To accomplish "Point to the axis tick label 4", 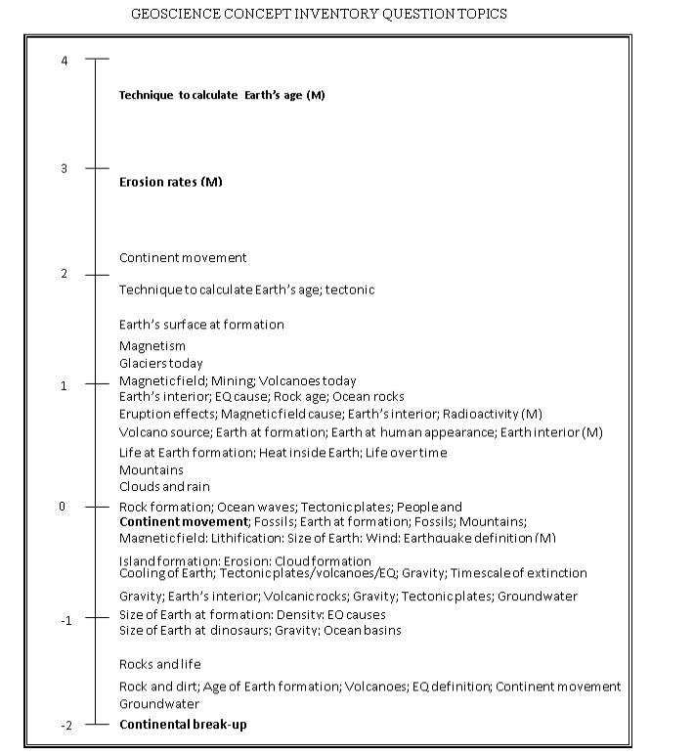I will [65, 61].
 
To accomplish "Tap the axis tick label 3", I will [65, 168].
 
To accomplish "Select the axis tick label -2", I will [65, 726].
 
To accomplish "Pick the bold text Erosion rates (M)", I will [171, 182].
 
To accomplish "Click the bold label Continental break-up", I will [183, 725].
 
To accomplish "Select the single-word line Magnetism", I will [152, 345].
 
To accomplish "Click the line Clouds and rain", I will [164, 486].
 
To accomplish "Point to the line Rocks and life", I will [159, 664].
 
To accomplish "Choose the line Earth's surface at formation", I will [201, 324].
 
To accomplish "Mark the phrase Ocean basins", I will [361, 631].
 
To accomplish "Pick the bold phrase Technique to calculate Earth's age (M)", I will [222, 96].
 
